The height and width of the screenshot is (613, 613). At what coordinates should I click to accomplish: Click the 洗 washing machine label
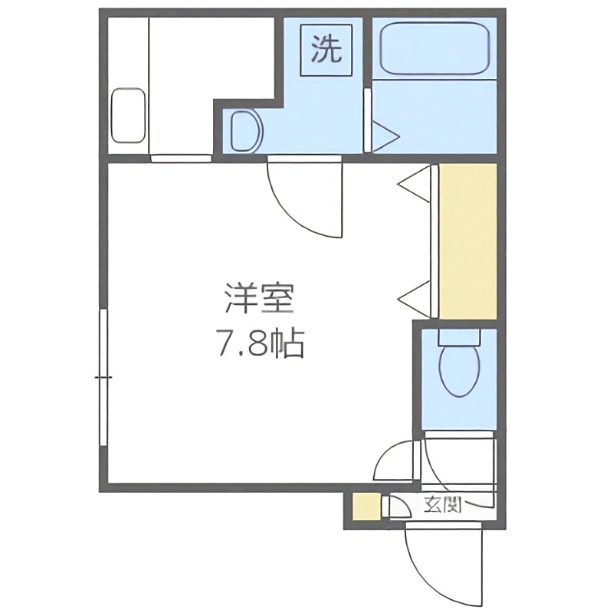point(326,51)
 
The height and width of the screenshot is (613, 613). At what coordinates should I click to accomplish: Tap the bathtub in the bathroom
point(434,48)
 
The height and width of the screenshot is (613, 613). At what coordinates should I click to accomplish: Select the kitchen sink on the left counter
point(129,116)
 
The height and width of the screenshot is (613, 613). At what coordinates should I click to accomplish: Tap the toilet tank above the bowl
point(458,336)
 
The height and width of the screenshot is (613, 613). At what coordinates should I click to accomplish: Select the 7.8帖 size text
point(259,346)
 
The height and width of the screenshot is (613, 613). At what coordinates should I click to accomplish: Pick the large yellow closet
point(468,241)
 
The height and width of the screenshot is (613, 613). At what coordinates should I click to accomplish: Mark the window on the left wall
point(103,379)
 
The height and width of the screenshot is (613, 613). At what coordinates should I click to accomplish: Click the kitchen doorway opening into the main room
point(180,159)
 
